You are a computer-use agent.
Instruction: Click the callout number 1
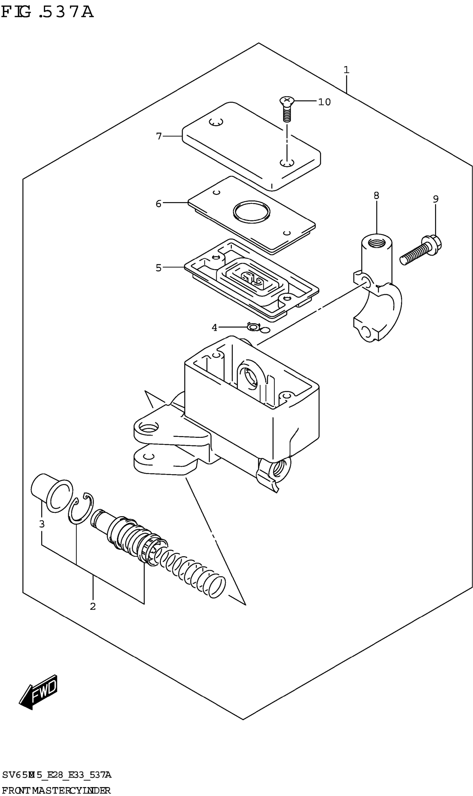click(x=346, y=70)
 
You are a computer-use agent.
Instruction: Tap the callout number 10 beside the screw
click(x=324, y=102)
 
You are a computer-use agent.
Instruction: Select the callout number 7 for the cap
click(x=159, y=136)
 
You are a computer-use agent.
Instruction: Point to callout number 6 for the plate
click(x=158, y=204)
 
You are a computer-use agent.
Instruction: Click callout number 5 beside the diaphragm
click(x=158, y=268)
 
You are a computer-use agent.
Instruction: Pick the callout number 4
click(x=215, y=327)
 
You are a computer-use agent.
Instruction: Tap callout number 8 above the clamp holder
click(x=376, y=196)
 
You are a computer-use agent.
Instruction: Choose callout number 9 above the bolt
click(x=436, y=199)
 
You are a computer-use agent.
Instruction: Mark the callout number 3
click(x=42, y=524)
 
